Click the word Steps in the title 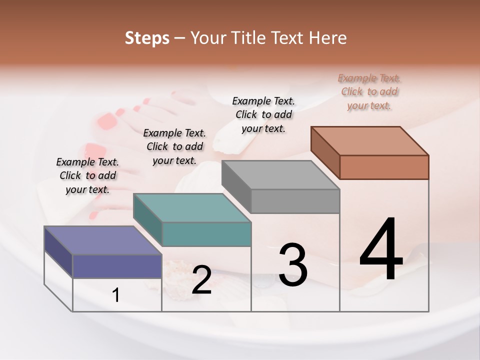[147, 38]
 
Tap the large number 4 [381, 250]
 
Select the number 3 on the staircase [293, 264]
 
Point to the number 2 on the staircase [201, 280]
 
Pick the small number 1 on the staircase [116, 295]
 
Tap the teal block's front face [206, 234]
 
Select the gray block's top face [280, 175]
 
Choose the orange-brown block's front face [384, 167]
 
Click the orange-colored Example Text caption [369, 91]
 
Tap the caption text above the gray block [264, 114]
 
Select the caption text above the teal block [174, 146]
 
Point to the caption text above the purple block [87, 175]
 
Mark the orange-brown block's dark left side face [325, 152]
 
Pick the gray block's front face [295, 201]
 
